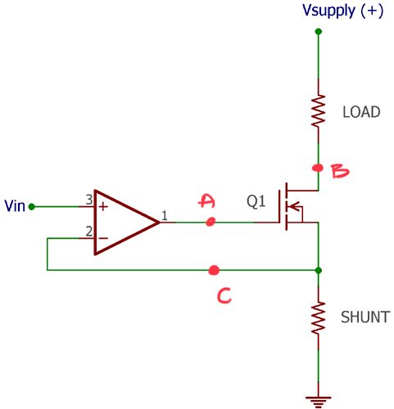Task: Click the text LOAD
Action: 360,112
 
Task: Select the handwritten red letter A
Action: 207,201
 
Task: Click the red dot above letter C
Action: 214,269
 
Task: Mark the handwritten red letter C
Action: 222,295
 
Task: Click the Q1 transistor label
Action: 256,200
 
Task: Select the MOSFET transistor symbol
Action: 295,207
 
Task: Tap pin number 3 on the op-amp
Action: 88,200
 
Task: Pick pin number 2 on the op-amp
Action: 88,231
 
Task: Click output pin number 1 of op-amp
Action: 165,216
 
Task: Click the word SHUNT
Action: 365,317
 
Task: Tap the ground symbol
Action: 318,400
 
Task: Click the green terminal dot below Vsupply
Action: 318,32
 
